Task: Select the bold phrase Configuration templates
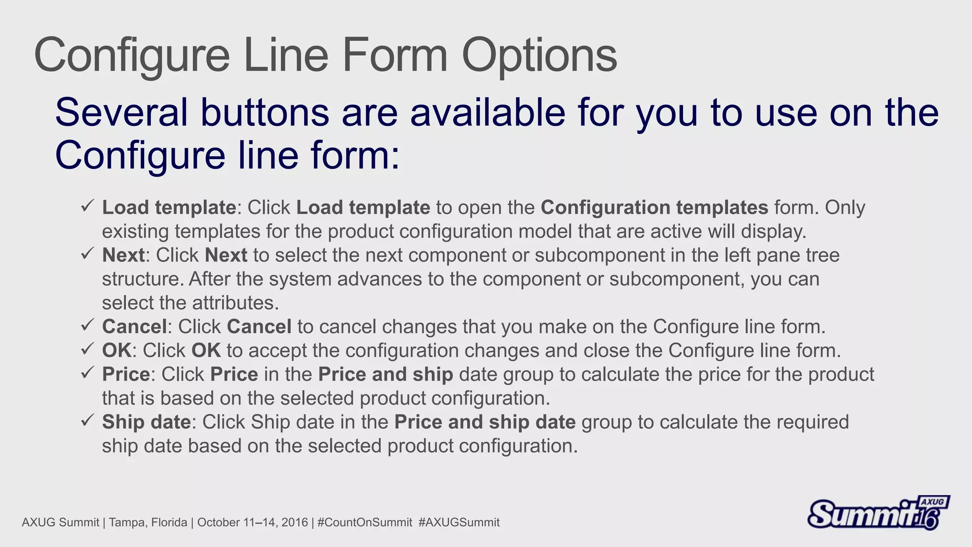[x=654, y=207]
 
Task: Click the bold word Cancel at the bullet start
[x=134, y=327]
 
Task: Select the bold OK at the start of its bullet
[x=116, y=350]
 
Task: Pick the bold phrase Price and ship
[x=385, y=374]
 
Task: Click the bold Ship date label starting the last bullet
[x=146, y=422]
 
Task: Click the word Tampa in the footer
[x=124, y=523]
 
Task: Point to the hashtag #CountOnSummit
[x=364, y=523]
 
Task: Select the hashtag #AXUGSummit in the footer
[x=459, y=523]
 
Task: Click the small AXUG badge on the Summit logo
[x=933, y=502]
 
